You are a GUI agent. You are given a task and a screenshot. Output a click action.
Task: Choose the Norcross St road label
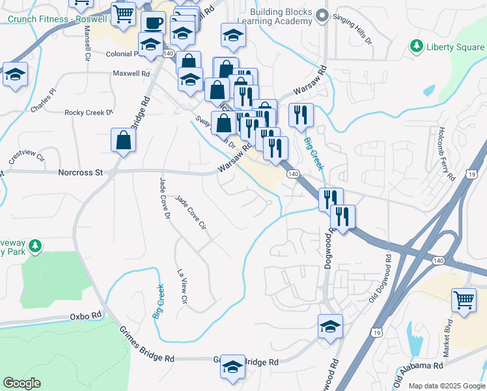(x=81, y=173)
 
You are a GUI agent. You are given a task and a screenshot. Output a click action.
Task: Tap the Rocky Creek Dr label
(x=88, y=112)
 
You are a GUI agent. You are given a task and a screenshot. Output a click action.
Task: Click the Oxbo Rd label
(x=86, y=316)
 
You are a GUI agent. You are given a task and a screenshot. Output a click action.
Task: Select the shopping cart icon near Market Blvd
(x=464, y=300)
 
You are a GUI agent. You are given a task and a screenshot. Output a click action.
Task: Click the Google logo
(x=21, y=383)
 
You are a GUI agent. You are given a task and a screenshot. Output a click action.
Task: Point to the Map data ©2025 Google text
(x=446, y=386)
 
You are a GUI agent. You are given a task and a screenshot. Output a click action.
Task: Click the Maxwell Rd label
(x=126, y=74)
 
